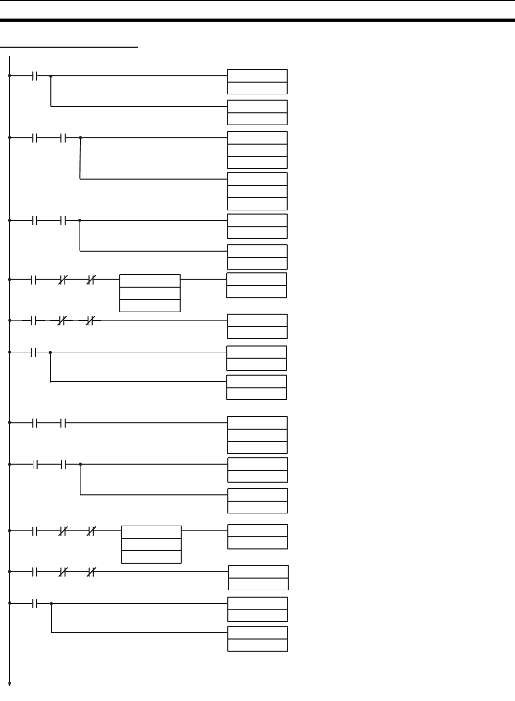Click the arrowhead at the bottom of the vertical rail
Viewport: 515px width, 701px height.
click(10, 684)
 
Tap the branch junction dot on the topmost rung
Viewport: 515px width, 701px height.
click(51, 76)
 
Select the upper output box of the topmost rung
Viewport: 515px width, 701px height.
click(257, 82)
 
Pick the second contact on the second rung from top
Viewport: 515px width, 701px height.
click(63, 138)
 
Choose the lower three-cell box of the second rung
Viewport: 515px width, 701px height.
click(257, 191)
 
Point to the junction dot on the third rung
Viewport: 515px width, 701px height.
click(80, 220)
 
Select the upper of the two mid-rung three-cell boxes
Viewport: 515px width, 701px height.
click(150, 293)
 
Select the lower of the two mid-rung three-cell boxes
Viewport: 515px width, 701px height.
click(151, 544)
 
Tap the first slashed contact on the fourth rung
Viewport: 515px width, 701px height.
click(63, 279)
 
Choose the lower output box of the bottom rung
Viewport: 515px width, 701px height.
click(257, 638)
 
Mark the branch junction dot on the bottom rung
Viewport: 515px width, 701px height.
click(51, 604)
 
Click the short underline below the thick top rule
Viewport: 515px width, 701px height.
click(69, 47)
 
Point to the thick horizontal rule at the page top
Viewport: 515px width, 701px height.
click(257, 21)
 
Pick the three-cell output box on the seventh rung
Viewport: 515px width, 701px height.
click(257, 435)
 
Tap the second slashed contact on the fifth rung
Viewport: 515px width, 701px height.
click(91, 321)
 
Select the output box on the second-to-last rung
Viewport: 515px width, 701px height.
click(258, 578)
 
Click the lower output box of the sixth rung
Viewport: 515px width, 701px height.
click(256, 387)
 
